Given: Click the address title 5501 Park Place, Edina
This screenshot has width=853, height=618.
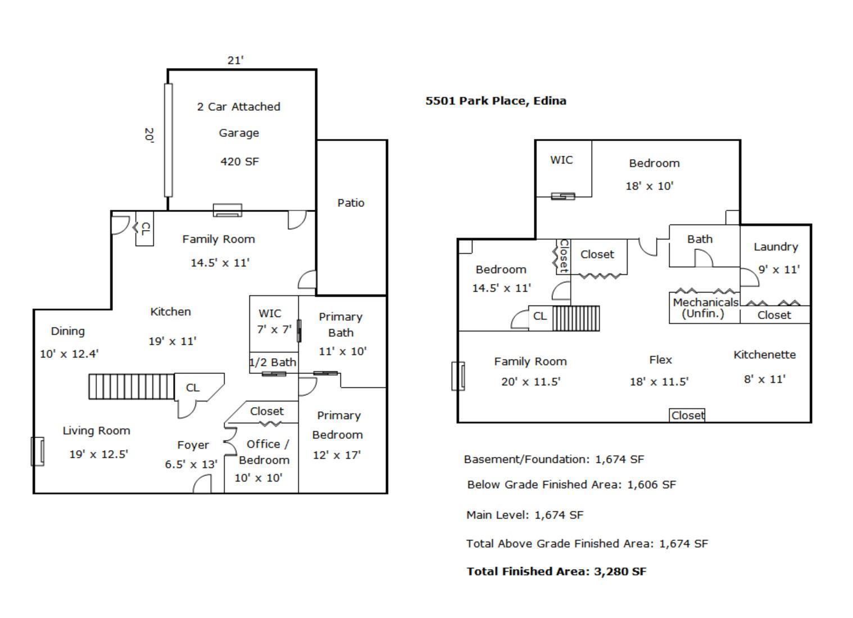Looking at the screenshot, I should coord(496,101).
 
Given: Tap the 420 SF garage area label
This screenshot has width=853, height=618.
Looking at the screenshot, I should coord(239,162).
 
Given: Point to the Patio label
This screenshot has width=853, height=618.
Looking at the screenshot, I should coord(351,203).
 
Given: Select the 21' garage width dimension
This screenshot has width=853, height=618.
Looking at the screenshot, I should coord(235,60).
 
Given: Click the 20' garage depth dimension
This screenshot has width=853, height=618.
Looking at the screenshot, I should coord(149,135).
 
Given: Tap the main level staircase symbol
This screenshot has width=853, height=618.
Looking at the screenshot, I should coord(131,387).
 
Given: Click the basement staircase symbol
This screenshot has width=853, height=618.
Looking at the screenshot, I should coord(576,318).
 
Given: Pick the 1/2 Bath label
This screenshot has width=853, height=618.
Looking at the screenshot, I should coord(273,363).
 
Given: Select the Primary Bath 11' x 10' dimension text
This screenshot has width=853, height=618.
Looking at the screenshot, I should coord(342,351).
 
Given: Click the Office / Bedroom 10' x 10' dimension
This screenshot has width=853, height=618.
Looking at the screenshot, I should coord(258,478).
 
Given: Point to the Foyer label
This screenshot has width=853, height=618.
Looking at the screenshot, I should coord(193,445).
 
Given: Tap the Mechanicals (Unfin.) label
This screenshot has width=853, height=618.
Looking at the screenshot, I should coord(705,308).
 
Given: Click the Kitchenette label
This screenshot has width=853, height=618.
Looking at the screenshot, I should coord(764,355).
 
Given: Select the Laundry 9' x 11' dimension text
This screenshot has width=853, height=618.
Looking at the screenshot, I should coord(779,270).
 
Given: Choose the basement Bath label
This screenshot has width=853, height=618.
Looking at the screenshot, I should coord(700,240).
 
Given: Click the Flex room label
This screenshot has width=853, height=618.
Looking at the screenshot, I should coord(660,360).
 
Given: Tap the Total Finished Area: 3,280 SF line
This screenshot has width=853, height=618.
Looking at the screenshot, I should coord(556,572).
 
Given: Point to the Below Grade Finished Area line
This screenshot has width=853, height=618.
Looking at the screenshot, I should coord(571,485).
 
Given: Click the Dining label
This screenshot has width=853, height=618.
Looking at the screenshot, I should coord(68,331).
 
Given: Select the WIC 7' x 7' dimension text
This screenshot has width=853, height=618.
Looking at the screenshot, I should coord(274,330).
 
